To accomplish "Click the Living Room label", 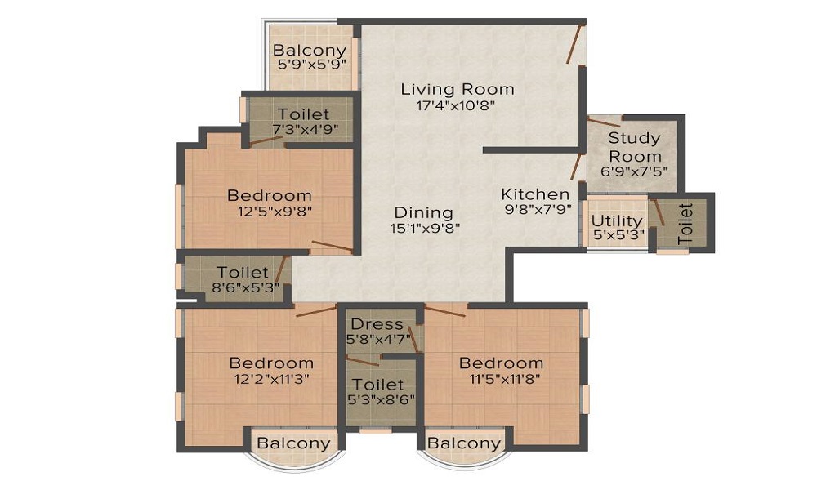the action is pos(458,90).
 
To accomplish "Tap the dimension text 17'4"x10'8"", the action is pos(455,105).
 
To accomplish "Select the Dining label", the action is pos(423,212).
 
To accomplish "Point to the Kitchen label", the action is pos(535,194).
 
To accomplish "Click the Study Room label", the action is pos(635,147).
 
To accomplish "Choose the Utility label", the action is pos(617,220).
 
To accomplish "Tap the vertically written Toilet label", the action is pos(685,225).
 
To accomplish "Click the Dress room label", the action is pos(377,324).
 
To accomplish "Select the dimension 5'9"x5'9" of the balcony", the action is pos(312,65).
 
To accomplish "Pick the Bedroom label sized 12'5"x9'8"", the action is pos(270,195).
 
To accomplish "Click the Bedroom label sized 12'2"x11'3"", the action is pos(271,363).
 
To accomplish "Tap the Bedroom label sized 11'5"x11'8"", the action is pos(502,363).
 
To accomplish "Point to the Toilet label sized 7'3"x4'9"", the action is pos(303,114).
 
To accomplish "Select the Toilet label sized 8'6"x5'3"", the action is pos(243,272).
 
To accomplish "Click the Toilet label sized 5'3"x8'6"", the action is pos(378,385).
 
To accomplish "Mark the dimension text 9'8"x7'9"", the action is pos(538,209).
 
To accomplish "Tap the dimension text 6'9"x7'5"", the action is pos(634,171).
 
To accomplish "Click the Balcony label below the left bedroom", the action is pos(294,443).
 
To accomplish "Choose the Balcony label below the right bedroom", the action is pos(464,443).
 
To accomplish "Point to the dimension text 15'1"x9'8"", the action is pos(425,228).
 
